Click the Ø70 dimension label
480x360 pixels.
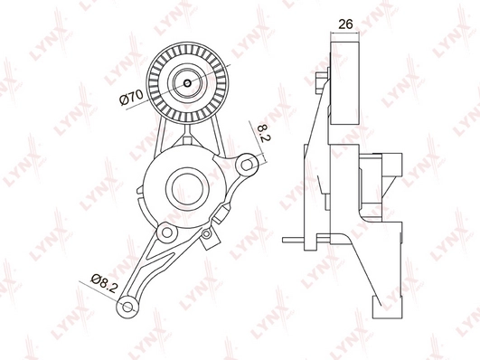[131, 98]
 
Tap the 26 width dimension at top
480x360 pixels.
[345, 24]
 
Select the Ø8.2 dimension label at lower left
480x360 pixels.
[104, 283]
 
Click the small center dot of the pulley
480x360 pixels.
[187, 82]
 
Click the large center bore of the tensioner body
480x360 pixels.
[187, 189]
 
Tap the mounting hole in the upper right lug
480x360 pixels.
[247, 165]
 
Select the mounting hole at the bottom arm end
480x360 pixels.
[127, 307]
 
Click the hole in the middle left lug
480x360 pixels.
[167, 232]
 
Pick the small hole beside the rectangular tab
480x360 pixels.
[207, 234]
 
